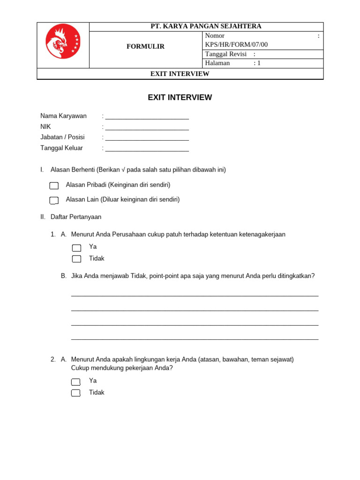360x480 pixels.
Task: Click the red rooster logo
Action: [63, 41]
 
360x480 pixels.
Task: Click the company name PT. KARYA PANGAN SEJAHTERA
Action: [206, 26]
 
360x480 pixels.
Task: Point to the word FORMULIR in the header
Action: [145, 46]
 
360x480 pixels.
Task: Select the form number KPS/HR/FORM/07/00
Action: [236, 45]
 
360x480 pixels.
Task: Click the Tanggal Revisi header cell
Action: [262, 54]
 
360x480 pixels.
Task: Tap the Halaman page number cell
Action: [262, 63]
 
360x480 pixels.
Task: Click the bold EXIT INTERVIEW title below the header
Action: [180, 97]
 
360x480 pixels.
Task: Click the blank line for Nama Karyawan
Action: [147, 117]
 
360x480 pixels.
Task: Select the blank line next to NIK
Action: [147, 127]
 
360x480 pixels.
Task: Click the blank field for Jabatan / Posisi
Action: [147, 138]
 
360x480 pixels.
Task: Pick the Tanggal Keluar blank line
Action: [147, 149]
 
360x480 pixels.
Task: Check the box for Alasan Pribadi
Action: [54, 186]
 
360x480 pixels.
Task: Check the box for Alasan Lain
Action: [54, 201]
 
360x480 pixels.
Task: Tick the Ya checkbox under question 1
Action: [76, 247]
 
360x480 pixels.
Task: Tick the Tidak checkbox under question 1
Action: [76, 259]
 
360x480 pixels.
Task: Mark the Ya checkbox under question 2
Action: [76, 382]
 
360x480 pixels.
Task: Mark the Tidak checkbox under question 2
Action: [76, 393]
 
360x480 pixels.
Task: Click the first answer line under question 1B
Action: [195, 294]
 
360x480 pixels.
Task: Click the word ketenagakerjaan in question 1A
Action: [262, 234]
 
